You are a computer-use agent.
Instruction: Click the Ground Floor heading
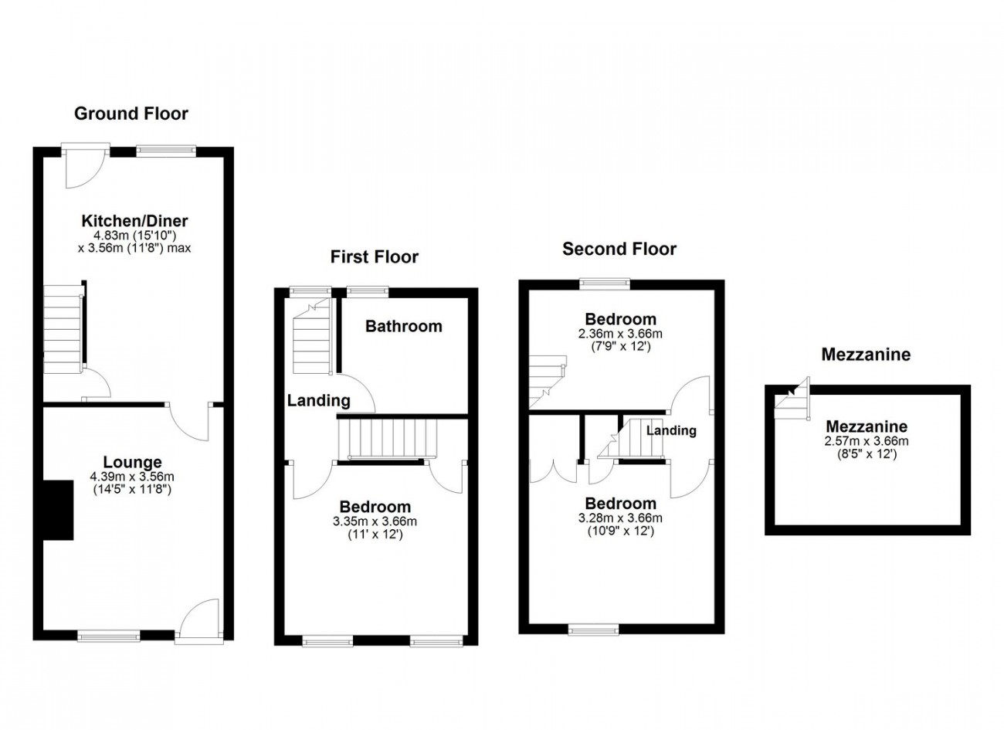[x=131, y=114]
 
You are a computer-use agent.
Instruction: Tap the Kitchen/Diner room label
[x=135, y=221]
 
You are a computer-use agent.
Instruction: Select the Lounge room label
[x=132, y=463]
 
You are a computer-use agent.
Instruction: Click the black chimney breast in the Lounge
[x=58, y=510]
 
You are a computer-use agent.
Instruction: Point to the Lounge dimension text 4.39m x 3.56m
[x=132, y=477]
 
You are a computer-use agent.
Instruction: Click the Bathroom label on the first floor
[x=403, y=326]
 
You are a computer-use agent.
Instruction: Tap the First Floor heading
[x=374, y=256]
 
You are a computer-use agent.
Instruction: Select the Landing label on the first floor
[x=318, y=400]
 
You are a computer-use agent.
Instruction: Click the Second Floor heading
[x=619, y=249]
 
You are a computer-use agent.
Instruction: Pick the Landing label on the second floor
[x=671, y=430]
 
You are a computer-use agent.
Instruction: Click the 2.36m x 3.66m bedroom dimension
[x=620, y=334]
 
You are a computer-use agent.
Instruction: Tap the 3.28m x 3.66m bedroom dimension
[x=620, y=518]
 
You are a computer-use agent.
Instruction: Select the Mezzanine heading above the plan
[x=866, y=355]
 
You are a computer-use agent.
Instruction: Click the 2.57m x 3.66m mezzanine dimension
[x=867, y=441]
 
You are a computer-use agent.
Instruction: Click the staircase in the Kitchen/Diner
[x=63, y=328]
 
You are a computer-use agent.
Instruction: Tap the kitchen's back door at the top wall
[x=86, y=166]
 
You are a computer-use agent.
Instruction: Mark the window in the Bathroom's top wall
[x=367, y=291]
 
